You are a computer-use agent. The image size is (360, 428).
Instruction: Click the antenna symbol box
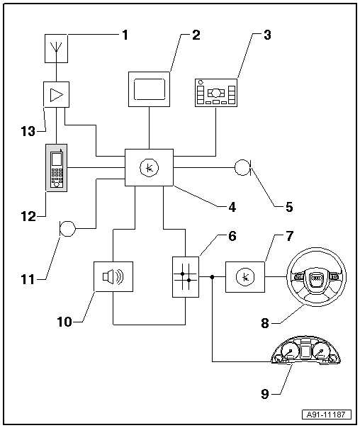[x=56, y=48]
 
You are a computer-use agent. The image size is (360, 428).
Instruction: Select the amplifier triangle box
[x=56, y=94]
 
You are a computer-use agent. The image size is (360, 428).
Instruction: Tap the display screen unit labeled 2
[x=149, y=89]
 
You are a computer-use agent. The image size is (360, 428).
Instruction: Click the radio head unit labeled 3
[x=216, y=93]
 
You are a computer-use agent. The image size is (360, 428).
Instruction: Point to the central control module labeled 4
[x=149, y=168]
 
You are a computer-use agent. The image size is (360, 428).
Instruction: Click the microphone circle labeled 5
[x=242, y=167]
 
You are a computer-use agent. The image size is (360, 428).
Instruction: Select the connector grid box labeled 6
[x=186, y=277]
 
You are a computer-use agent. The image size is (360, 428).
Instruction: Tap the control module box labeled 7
[x=245, y=277]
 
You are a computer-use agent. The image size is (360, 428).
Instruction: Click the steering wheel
[x=316, y=277]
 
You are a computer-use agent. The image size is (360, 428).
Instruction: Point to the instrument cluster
[x=305, y=351]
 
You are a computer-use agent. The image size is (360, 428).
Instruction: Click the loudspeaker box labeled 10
[x=113, y=277]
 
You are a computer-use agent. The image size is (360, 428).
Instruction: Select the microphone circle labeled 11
[x=67, y=228]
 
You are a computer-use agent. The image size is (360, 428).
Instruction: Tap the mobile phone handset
[x=57, y=168]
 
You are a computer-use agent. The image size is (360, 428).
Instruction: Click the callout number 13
[x=28, y=132]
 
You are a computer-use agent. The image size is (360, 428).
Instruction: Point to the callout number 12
[x=28, y=216]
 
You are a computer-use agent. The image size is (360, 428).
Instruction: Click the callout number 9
[x=265, y=394]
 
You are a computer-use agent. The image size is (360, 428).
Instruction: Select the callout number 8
[x=265, y=323]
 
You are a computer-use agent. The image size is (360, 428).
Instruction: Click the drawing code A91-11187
[x=327, y=415]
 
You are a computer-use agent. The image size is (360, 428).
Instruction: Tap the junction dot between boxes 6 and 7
[x=212, y=277]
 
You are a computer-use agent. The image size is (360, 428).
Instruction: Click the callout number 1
[x=125, y=35]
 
